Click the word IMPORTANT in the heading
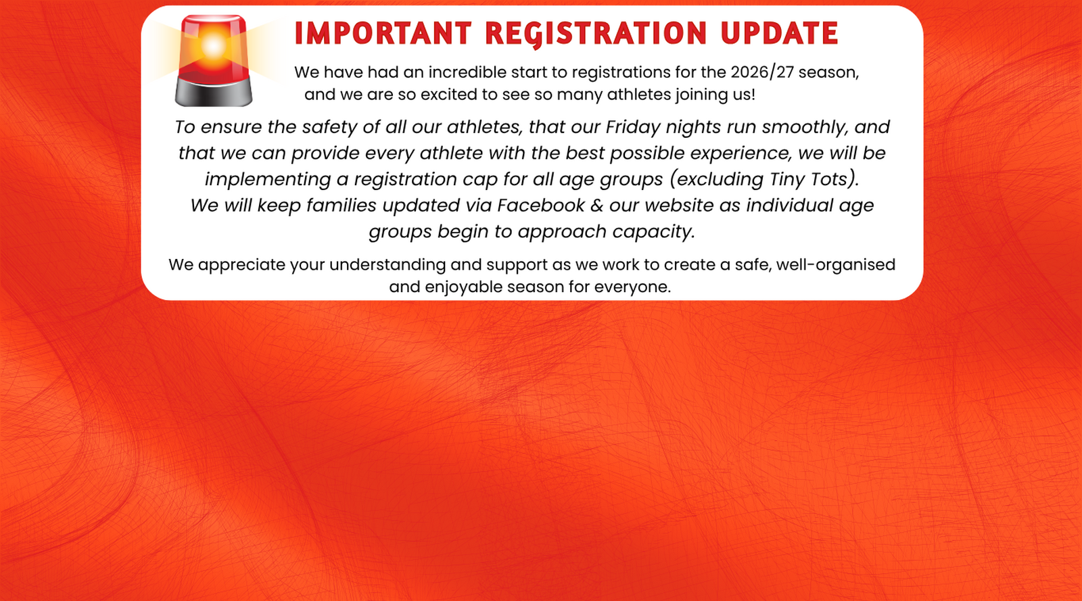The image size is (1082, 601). click(x=383, y=33)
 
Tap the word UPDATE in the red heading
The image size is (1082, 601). click(x=779, y=33)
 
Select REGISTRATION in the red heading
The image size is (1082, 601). click(x=596, y=34)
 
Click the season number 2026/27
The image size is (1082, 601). click(x=762, y=72)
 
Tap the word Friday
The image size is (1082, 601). click(x=633, y=128)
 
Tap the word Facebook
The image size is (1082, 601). click(x=541, y=206)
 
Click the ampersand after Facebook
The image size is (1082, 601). click(x=597, y=206)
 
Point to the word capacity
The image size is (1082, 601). click(x=653, y=232)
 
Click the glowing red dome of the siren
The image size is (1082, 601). click(x=214, y=48)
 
